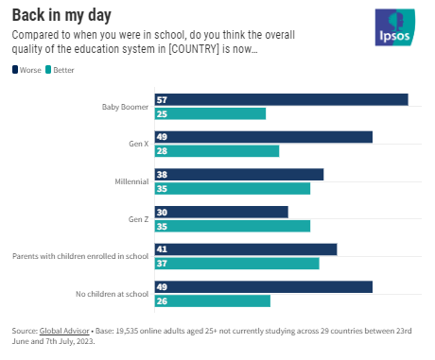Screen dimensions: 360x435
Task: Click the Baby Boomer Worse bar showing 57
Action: pyautogui.click(x=281, y=99)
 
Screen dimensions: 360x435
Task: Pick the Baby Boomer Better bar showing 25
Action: pyautogui.click(x=210, y=113)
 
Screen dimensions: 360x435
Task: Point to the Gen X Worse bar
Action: pyautogui.click(x=263, y=137)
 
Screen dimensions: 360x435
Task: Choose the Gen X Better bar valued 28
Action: pyautogui.click(x=217, y=151)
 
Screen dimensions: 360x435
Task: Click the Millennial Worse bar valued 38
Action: pyautogui.click(x=238, y=174)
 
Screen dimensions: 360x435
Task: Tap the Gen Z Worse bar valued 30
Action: pyautogui.click(x=220, y=212)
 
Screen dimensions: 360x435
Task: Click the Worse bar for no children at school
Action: pyautogui.click(x=263, y=286)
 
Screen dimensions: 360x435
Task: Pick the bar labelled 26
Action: pyautogui.click(x=212, y=300)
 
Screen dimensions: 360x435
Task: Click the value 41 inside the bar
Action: pyautogui.click(x=162, y=249)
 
